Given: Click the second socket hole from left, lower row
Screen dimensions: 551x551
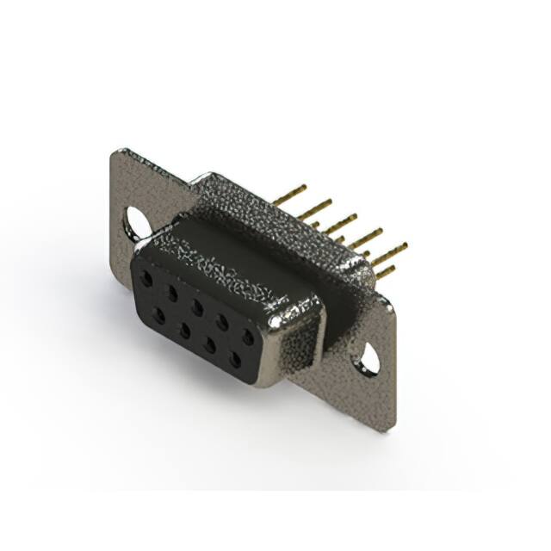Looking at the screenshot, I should coord(184,328).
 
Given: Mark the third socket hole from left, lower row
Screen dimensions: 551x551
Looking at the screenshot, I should coord(209,343).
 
